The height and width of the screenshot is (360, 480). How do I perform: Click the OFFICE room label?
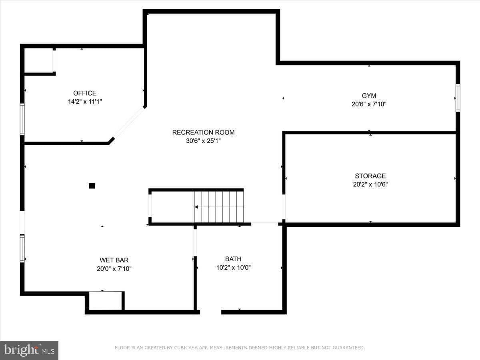[85, 93]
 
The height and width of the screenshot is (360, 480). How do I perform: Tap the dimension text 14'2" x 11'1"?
[85, 102]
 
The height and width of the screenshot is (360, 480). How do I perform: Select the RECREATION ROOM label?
[203, 132]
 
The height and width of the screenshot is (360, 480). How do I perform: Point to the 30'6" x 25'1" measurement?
[203, 141]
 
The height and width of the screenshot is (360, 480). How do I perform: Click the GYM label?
[369, 96]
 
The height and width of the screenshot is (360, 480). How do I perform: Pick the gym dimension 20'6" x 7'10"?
[369, 104]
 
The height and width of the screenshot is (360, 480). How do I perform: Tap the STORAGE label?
[370, 176]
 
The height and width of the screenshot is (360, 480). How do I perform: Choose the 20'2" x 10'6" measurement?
[370, 184]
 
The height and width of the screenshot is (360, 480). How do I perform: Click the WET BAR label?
[114, 260]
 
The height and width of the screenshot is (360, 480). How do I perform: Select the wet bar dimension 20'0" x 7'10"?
[114, 269]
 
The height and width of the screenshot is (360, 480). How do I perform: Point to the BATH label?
[233, 259]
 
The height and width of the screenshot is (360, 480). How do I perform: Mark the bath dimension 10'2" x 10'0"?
[233, 268]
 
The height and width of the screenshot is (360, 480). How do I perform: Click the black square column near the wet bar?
[92, 186]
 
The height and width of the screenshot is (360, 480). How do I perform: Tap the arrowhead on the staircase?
[196, 207]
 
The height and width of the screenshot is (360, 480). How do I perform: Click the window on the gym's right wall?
[458, 98]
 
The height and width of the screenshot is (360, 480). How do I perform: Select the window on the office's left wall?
[22, 119]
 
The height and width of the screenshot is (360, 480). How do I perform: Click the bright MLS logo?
[29, 350]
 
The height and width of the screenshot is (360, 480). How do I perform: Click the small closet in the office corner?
[38, 60]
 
